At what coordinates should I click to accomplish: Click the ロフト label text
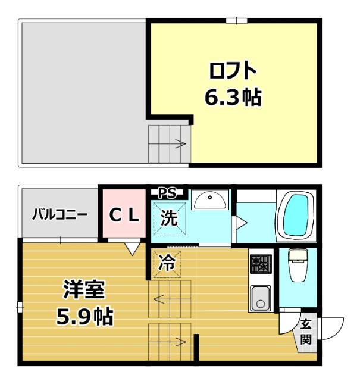(233, 71)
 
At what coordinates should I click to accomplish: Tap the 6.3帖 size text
(233, 96)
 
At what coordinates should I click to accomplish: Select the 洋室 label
(84, 290)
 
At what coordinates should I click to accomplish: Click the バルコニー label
(60, 214)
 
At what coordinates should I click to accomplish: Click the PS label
(167, 192)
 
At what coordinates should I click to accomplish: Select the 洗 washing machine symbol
(169, 218)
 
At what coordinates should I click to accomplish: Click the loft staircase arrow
(179, 143)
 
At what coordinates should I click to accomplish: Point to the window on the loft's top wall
(236, 21)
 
